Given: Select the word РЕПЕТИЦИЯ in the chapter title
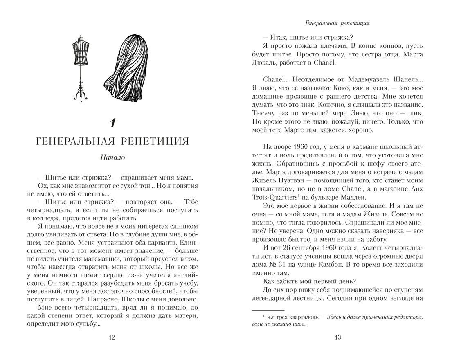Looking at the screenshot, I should pos(159,142).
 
